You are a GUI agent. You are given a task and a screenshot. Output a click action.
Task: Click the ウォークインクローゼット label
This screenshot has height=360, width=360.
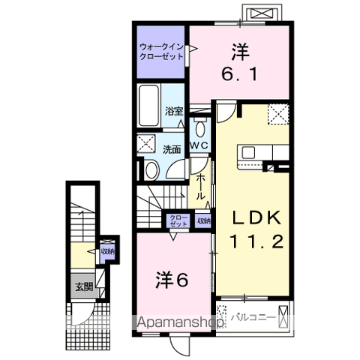coord(161,52)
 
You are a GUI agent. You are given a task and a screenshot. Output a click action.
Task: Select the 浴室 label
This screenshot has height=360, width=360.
coord(174,111)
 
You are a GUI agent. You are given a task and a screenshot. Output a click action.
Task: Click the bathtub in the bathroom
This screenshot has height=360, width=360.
coord(149,106)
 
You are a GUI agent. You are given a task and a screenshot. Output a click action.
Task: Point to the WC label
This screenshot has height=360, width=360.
coord(199,145)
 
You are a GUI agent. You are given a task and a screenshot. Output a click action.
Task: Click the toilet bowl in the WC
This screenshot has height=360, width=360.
coord(199,129)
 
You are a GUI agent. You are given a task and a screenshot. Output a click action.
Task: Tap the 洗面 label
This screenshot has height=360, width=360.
coord(172,149)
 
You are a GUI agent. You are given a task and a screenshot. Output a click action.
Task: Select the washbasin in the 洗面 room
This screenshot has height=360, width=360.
coord(151,170)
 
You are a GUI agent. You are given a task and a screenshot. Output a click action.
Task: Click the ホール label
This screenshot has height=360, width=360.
coord(200,187)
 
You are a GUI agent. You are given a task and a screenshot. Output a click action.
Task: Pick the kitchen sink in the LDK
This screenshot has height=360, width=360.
coord(248,152)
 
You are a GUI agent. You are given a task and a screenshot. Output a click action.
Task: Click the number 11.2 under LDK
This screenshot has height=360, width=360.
coord(256,241)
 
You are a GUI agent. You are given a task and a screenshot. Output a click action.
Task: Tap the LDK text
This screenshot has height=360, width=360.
coord(256,217)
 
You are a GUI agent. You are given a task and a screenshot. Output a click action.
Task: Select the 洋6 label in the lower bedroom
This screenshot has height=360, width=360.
coord(172,280)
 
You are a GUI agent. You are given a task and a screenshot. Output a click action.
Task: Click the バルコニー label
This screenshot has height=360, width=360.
coord(253,317)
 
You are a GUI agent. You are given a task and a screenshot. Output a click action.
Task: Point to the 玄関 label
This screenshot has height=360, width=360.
coord(84,287)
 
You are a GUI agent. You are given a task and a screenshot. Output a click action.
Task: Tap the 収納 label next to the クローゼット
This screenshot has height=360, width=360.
coord(204,221)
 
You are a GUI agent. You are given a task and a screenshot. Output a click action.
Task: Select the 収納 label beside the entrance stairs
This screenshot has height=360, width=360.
coord(108,251)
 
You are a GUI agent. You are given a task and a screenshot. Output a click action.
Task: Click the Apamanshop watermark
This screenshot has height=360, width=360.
coord(177,322)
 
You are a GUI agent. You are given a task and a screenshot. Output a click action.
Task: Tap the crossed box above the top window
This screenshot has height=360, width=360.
coord(262,13)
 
